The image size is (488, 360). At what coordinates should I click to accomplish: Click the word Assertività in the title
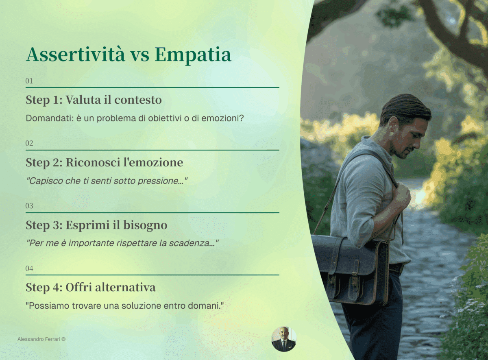click(x=76, y=55)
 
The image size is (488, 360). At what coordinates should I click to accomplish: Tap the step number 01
click(x=29, y=81)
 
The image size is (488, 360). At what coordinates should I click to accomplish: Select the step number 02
click(x=29, y=143)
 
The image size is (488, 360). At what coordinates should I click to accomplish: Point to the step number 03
click(x=29, y=206)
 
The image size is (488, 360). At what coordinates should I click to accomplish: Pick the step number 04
click(x=29, y=268)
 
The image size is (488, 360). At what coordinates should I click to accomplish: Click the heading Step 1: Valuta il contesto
click(x=94, y=100)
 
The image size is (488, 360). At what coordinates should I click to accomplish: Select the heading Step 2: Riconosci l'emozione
click(x=104, y=162)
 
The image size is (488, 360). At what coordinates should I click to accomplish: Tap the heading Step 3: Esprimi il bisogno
click(x=96, y=225)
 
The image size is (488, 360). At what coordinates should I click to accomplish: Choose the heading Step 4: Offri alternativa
click(x=90, y=288)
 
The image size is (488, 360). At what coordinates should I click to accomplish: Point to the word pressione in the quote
click(x=166, y=181)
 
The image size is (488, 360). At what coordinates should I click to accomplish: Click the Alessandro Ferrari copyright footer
click(x=41, y=339)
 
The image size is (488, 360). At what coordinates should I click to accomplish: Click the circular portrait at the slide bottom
click(x=283, y=339)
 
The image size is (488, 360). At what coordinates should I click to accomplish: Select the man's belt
click(x=396, y=268)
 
